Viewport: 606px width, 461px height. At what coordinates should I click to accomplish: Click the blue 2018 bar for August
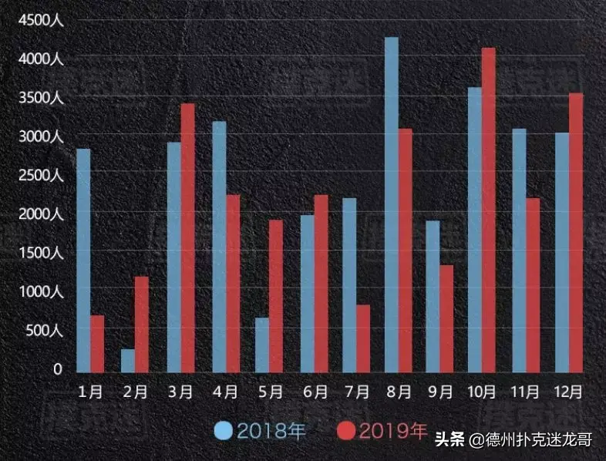[392, 205]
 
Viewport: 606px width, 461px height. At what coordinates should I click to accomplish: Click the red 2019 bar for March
[187, 238]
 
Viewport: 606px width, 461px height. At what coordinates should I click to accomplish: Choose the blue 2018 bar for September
[433, 298]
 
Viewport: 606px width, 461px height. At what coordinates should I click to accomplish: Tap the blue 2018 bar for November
[519, 251]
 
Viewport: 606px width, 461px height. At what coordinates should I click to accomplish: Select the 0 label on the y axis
[56, 369]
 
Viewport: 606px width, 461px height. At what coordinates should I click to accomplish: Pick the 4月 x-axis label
[224, 392]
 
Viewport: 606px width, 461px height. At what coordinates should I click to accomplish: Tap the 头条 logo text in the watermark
[449, 440]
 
